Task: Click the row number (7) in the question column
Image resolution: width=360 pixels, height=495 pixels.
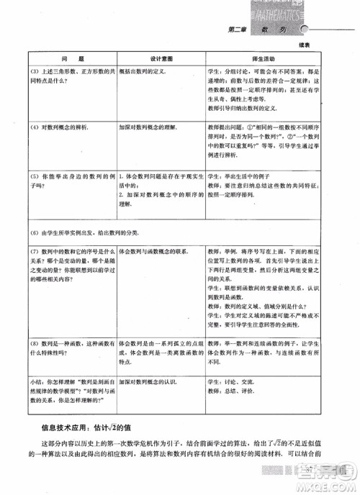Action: click(35, 252)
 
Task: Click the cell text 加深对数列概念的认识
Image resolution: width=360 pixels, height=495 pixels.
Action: click(154, 378)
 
